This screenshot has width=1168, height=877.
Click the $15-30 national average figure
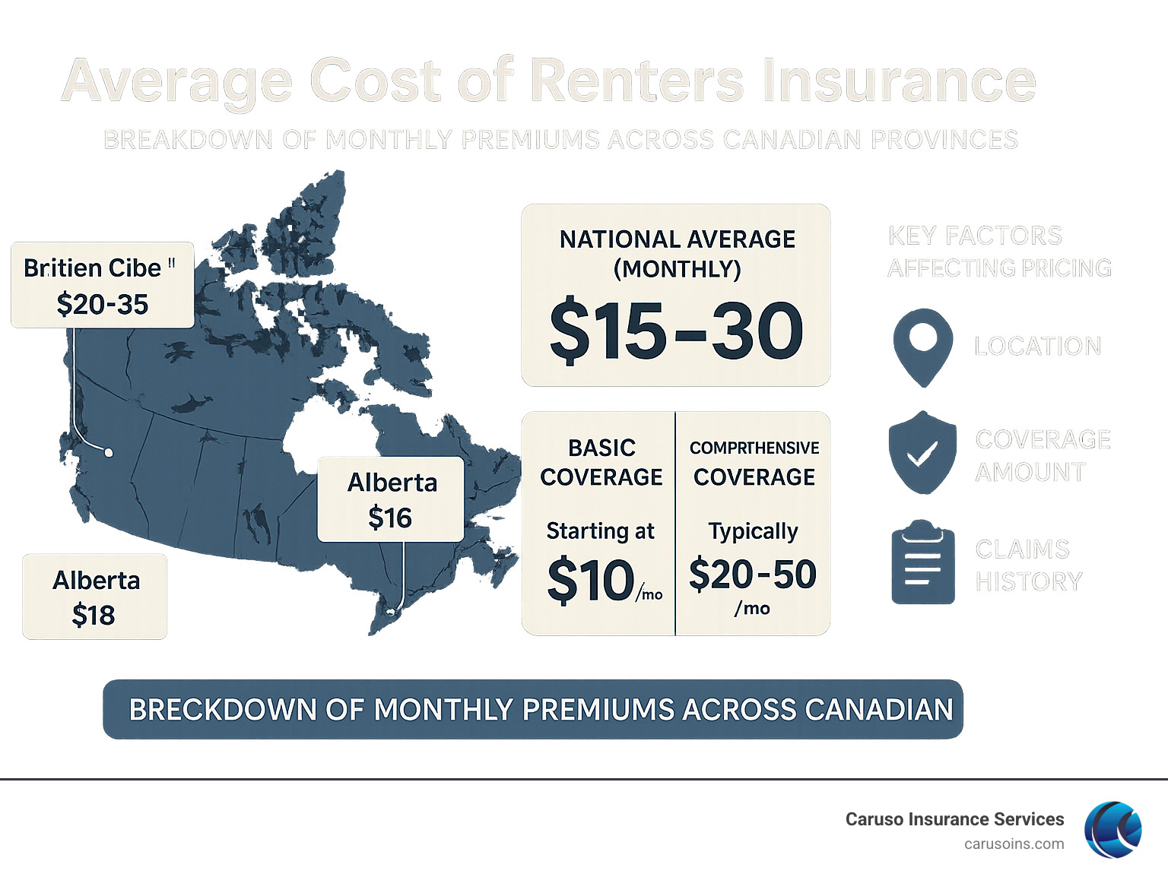click(x=676, y=331)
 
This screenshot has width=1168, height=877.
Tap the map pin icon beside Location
click(x=922, y=346)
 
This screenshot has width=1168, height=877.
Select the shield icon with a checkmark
click(x=922, y=453)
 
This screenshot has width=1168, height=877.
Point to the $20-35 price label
click(x=103, y=305)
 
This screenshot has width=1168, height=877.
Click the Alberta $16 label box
click(x=391, y=499)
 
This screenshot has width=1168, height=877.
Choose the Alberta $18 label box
click(x=95, y=597)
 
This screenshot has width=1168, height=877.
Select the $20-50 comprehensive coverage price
click(x=752, y=575)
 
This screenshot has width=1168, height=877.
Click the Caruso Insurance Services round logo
click(x=1112, y=829)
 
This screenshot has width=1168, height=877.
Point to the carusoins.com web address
click(x=1014, y=844)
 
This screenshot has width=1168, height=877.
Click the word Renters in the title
click(x=636, y=81)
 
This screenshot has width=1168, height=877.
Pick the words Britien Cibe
click(x=93, y=268)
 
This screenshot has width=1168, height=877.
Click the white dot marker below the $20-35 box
click(x=109, y=453)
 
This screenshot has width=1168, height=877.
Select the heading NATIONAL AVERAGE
click(x=677, y=239)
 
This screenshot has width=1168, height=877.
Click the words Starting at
click(x=600, y=530)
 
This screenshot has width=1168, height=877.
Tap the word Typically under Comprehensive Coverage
click(x=753, y=530)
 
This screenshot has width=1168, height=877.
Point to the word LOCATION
click(x=1037, y=347)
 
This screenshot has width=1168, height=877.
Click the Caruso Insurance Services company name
click(x=954, y=819)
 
